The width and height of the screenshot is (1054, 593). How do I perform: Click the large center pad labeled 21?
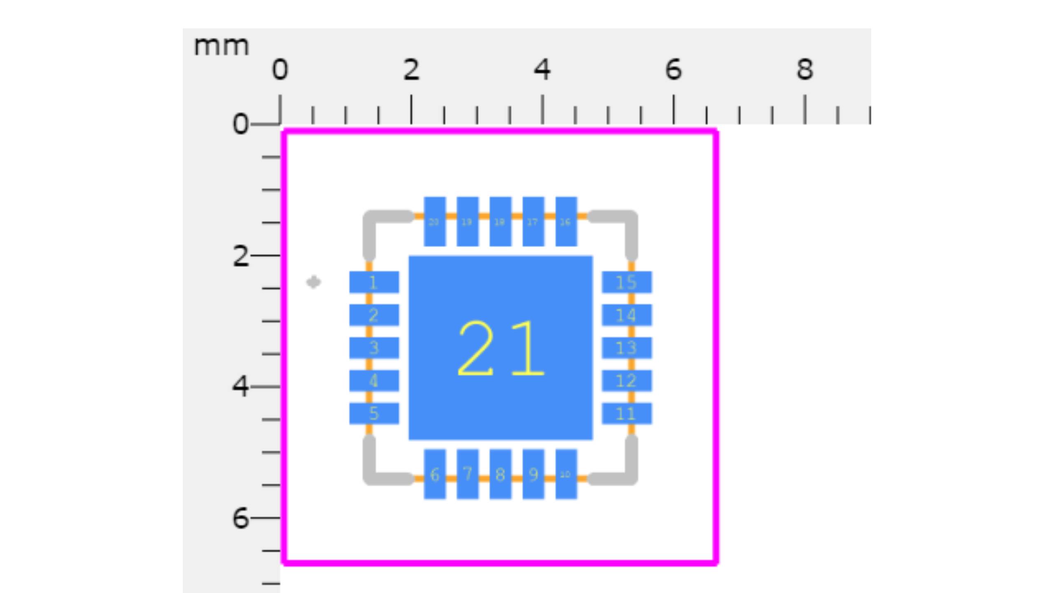pos(500,348)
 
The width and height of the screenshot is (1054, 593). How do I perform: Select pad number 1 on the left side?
pos(374,282)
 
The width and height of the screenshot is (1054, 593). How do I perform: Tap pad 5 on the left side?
pos(374,413)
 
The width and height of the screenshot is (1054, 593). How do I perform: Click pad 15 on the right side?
pos(627,282)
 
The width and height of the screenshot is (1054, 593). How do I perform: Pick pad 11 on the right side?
pos(627,413)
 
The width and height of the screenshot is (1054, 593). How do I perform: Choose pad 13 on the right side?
pos(627,348)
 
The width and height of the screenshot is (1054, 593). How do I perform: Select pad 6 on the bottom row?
pos(435,474)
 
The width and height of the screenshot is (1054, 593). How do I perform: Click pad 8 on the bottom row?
pos(500,474)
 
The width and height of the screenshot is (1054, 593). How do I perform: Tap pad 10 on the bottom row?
pos(566,474)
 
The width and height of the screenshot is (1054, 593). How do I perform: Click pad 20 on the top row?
pos(435,222)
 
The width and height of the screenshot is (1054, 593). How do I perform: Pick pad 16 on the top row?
pos(566,222)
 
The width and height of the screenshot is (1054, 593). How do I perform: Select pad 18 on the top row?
pos(500,222)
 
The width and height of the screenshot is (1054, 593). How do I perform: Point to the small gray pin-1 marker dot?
pos(314,282)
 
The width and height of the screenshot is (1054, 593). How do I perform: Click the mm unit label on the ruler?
pos(222,46)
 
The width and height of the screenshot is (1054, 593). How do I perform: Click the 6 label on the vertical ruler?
pos(240,518)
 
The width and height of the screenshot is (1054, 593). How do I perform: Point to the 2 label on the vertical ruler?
pos(240,256)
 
